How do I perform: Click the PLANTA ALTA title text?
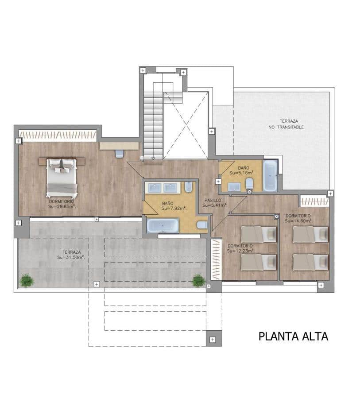click(x=293, y=336)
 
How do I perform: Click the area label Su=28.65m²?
click(x=62, y=206)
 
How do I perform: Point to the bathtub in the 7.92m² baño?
click(x=163, y=225)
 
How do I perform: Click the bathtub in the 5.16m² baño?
click(x=270, y=175)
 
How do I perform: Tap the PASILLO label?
click(x=213, y=200)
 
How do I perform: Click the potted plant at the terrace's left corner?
click(x=27, y=280)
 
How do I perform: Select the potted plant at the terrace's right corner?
click(x=198, y=280)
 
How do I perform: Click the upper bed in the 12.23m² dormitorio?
click(x=259, y=234)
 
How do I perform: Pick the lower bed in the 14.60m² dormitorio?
click(x=310, y=262)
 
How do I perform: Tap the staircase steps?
click(x=153, y=120)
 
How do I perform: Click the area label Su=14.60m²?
click(x=298, y=220)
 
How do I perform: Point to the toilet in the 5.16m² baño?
click(x=249, y=183)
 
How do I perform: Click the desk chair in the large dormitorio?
click(x=119, y=154)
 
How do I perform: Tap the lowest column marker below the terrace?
click(x=213, y=340)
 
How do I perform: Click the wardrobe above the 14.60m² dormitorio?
click(x=314, y=201)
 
